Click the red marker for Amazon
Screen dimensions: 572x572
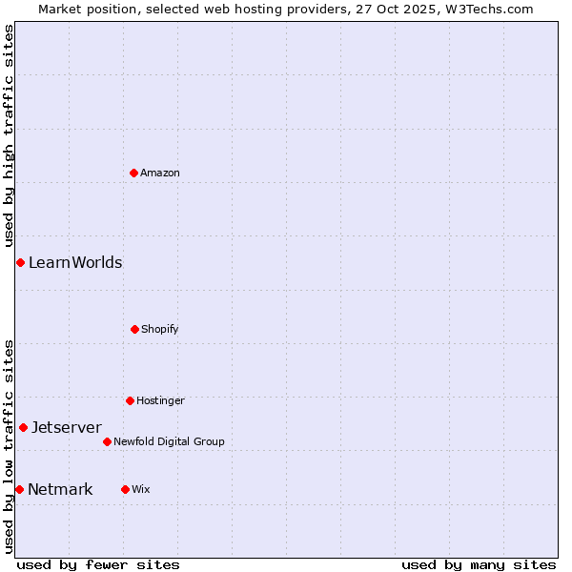[134, 173]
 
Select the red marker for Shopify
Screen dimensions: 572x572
[134, 329]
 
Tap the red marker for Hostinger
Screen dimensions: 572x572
[130, 400]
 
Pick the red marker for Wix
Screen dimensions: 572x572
[125, 489]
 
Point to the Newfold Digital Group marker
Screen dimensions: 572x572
[107, 441]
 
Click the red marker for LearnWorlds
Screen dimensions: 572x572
[20, 262]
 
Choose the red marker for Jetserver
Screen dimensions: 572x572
[23, 427]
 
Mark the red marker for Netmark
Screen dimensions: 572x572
[19, 489]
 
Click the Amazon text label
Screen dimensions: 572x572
[160, 173]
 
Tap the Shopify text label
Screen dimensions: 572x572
[160, 329]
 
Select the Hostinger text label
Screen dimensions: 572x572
[160, 400]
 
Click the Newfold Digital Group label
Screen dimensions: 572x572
[169, 441]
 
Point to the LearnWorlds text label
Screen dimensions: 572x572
[75, 262]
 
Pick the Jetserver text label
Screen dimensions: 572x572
[67, 427]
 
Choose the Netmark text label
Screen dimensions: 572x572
[60, 489]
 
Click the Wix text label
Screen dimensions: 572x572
[141, 489]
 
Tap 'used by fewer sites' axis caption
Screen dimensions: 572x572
[98, 564]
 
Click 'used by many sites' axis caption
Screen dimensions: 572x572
[479, 564]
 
